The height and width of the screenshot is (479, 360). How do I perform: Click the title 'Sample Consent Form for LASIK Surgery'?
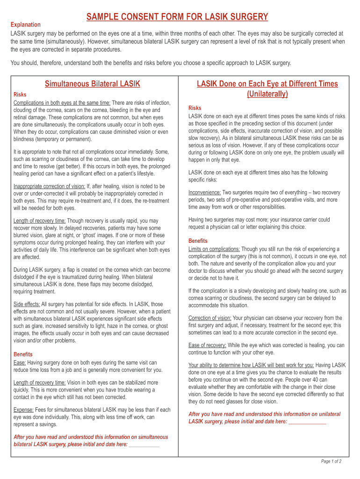pyautogui.click(x=177, y=17)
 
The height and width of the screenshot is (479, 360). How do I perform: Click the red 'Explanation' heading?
pyautogui.click(x=26, y=24)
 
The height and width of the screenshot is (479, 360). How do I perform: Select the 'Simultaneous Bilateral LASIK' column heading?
pyautogui.click(x=93, y=84)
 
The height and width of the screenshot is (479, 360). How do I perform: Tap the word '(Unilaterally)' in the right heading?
pyautogui.click(x=267, y=94)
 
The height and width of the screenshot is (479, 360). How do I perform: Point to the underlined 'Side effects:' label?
pyautogui.click(x=27, y=304)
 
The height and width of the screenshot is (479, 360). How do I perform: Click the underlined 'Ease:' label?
pyautogui.click(x=20, y=363)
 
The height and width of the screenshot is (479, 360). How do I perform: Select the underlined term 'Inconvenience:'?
pyautogui.click(x=205, y=193)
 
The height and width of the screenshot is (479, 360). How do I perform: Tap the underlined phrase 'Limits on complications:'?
pyautogui.click(x=214, y=249)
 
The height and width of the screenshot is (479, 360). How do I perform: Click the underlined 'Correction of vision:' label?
pyautogui.click(x=209, y=318)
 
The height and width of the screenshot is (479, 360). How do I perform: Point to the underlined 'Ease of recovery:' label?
pyautogui.click(x=208, y=345)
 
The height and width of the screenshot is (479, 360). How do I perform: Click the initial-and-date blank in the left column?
pyautogui.click(x=144, y=444)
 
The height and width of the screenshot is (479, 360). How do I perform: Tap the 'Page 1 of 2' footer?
pyautogui.click(x=331, y=461)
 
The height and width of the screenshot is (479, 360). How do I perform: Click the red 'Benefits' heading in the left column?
pyautogui.click(x=23, y=354)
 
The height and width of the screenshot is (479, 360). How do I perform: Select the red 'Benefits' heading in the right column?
pyautogui.click(x=198, y=241)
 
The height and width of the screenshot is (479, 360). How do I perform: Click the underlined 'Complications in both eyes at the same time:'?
pyautogui.click(x=62, y=103)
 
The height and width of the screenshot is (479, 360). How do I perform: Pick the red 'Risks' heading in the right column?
pyautogui.click(x=194, y=108)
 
